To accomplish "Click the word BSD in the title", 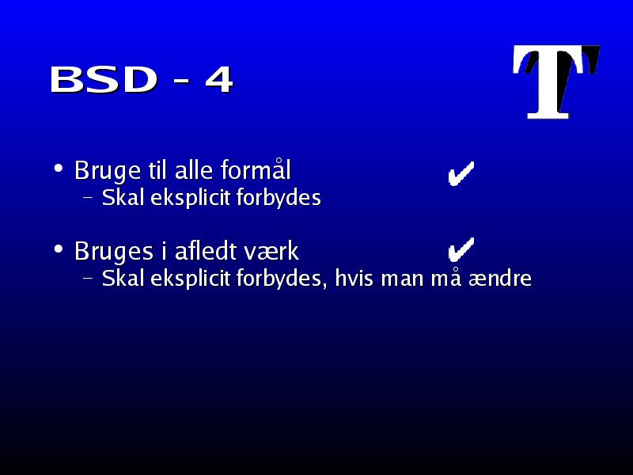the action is [104, 79].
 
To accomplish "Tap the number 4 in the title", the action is [219, 80].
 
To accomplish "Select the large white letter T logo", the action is [556, 82].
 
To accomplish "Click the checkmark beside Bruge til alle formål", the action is [461, 173].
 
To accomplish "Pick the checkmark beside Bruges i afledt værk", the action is [461, 249].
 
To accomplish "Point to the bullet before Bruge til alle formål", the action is [59, 168].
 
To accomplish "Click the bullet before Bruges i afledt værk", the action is [59, 249].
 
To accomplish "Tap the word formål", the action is [256, 169].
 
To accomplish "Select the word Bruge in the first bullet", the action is [108, 171].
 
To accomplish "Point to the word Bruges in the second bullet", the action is [114, 252].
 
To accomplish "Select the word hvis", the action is [354, 278].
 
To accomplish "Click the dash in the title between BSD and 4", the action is [181, 82].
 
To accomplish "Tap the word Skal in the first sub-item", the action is [123, 197].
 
